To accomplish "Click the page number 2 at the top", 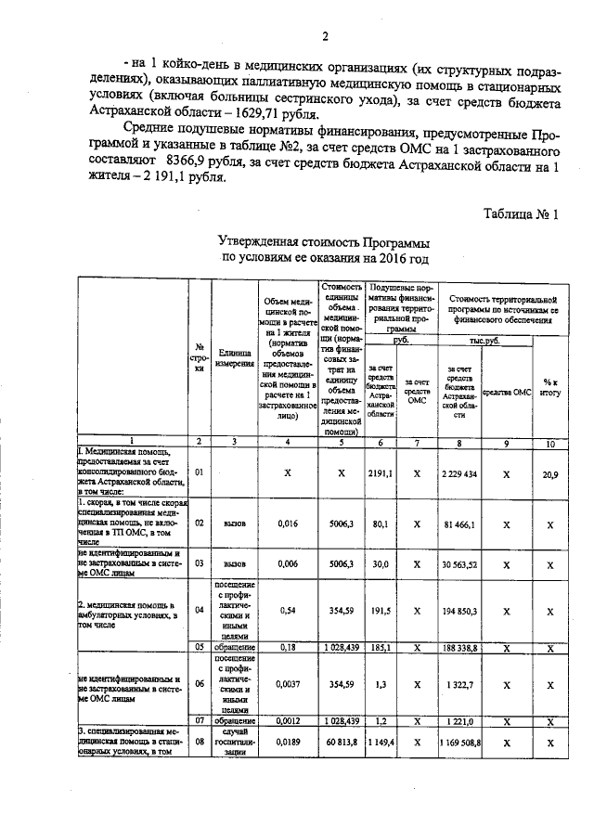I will click(327, 36).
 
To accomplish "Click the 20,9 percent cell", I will click(550, 474).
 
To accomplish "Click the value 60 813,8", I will click(342, 743).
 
